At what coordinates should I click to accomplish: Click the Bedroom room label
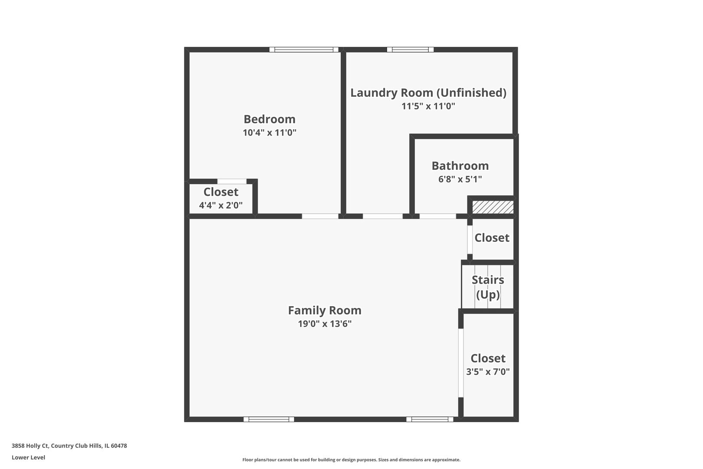[x=269, y=119]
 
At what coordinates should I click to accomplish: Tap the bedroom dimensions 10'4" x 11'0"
[x=269, y=132]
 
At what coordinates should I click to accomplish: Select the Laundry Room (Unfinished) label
[x=428, y=92]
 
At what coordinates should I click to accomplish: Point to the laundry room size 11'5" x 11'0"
[x=428, y=106]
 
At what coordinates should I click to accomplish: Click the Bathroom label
[x=460, y=166]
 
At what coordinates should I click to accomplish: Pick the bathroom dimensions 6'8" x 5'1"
[x=460, y=179]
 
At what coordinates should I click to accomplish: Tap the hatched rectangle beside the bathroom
[x=493, y=207]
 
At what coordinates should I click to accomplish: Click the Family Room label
[x=325, y=310]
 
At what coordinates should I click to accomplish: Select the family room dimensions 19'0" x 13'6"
[x=325, y=324]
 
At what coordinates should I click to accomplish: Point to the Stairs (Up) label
[x=488, y=287]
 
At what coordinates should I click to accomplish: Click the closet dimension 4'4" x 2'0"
[x=221, y=205]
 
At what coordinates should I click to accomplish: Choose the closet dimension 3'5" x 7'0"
[x=488, y=372]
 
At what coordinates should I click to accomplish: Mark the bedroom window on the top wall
[x=304, y=50]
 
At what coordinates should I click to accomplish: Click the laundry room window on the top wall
[x=410, y=50]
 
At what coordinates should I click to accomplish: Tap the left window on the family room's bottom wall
[x=269, y=419]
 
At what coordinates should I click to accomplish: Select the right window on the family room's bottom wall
[x=430, y=419]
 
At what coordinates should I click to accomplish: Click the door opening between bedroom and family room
[x=320, y=216]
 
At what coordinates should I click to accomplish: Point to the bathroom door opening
[x=438, y=216]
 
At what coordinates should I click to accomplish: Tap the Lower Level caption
[x=29, y=457]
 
